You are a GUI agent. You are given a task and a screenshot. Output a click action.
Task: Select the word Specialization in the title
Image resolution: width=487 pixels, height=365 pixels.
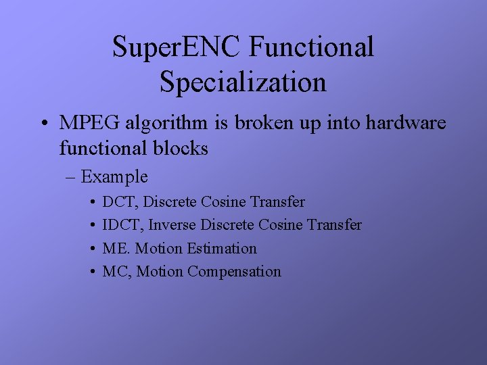(x=243, y=82)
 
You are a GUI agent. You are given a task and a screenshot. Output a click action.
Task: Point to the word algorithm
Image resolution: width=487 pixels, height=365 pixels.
(x=164, y=124)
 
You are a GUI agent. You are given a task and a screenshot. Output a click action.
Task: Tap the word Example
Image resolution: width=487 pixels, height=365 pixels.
(x=114, y=178)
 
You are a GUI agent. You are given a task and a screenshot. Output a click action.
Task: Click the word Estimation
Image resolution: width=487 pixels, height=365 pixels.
(x=222, y=249)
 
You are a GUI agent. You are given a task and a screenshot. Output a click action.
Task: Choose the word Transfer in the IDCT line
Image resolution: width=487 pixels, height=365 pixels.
(x=334, y=225)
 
